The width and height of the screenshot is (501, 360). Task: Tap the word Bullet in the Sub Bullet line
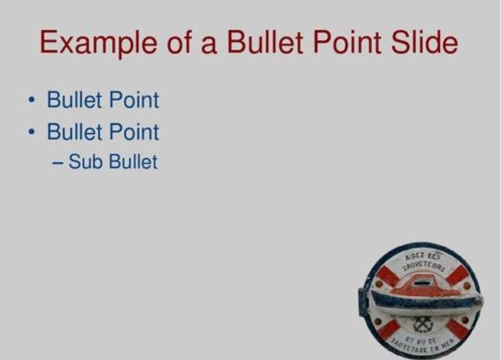pyautogui.click(x=133, y=162)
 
